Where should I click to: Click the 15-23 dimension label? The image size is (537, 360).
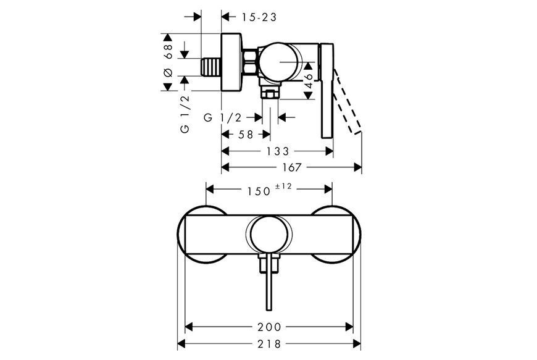pyautogui.click(x=259, y=17)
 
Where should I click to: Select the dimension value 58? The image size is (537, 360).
pyautogui.click(x=246, y=135)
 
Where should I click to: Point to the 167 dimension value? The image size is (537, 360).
pyautogui.click(x=292, y=167)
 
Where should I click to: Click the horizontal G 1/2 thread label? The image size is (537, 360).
pyautogui.click(x=223, y=118)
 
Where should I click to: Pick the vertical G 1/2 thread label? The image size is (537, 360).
pyautogui.click(x=185, y=114)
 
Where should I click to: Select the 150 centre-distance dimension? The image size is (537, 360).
pyautogui.click(x=259, y=191)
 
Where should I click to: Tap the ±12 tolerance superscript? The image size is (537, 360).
pyautogui.click(x=283, y=186)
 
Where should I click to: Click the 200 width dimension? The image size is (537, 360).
pyautogui.click(x=269, y=327)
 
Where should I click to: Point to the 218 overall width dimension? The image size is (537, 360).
pyautogui.click(x=269, y=343)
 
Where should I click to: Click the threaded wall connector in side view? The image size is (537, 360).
pyautogui.click(x=211, y=67)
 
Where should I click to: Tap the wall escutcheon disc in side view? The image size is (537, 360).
pyautogui.click(x=231, y=62)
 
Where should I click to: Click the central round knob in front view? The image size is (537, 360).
pyautogui.click(x=269, y=235)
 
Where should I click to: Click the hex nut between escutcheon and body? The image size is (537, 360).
pyautogui.click(x=251, y=62)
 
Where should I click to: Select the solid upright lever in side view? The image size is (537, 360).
pyautogui.click(x=327, y=91)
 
